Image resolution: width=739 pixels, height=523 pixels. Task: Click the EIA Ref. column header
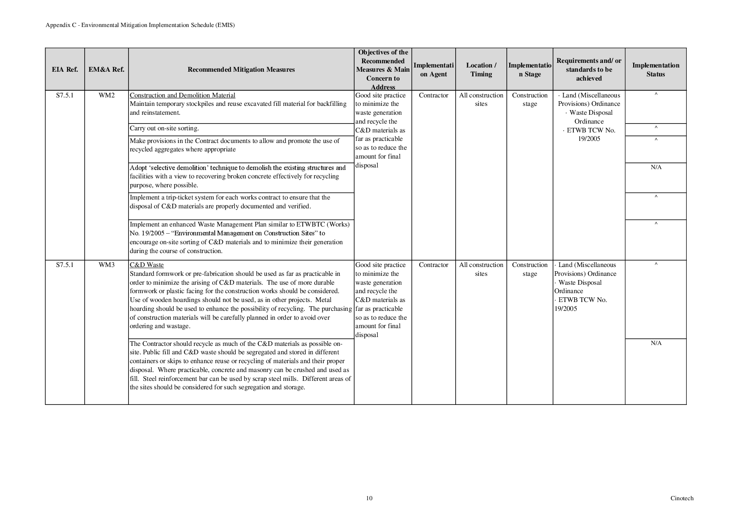pos(64,70)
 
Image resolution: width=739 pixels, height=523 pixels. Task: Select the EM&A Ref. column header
pos(106,70)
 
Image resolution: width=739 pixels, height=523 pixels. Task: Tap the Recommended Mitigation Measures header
pos(241,70)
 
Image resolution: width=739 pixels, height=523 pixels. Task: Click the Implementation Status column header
pos(656,70)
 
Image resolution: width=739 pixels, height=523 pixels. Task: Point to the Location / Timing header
pos(481,70)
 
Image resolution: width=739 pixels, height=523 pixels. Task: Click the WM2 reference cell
pos(107,95)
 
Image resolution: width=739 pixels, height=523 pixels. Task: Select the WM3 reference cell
pos(107,265)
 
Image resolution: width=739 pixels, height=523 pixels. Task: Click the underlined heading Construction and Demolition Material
pos(183,95)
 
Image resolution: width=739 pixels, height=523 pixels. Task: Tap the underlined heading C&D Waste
pos(147,265)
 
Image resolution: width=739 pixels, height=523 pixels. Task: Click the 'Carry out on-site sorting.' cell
pos(164,128)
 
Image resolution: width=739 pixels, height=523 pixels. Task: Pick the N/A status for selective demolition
pos(656,167)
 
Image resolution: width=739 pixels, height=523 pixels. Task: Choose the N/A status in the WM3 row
pos(656,343)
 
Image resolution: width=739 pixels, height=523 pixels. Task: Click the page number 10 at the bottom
pos(369,498)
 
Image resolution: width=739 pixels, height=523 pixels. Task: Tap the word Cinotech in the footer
pos(682,498)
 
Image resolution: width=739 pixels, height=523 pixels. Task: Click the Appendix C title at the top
pos(140,25)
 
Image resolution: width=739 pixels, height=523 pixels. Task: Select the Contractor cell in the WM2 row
pos(433,95)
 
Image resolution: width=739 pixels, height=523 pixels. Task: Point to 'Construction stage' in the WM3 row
pos(529,269)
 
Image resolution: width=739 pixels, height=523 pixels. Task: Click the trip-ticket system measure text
pos(230,202)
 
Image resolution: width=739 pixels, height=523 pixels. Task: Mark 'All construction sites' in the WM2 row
pos(481,100)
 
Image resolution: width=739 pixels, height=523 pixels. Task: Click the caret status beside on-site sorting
pos(656,127)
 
